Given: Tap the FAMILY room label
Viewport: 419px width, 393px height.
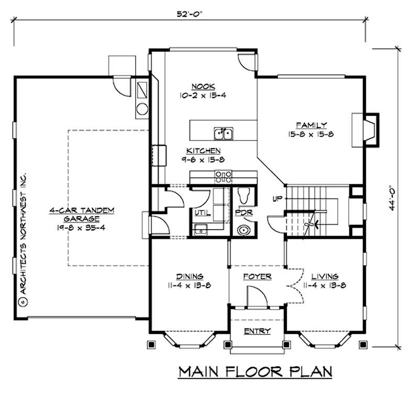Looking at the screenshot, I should [x=311, y=125].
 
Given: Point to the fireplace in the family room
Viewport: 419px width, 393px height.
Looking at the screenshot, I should [x=370, y=128].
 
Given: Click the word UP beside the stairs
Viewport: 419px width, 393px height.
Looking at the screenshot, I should [x=277, y=199].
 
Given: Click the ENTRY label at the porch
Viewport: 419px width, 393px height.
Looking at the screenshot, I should [x=257, y=331].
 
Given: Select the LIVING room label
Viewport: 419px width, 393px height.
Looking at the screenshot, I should [x=325, y=276].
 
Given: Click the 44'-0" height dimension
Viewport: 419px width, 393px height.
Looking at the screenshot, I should [x=392, y=196].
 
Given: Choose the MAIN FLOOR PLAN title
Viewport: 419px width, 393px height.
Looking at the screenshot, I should [x=256, y=372].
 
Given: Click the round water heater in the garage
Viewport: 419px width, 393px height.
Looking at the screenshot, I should [x=142, y=109].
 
